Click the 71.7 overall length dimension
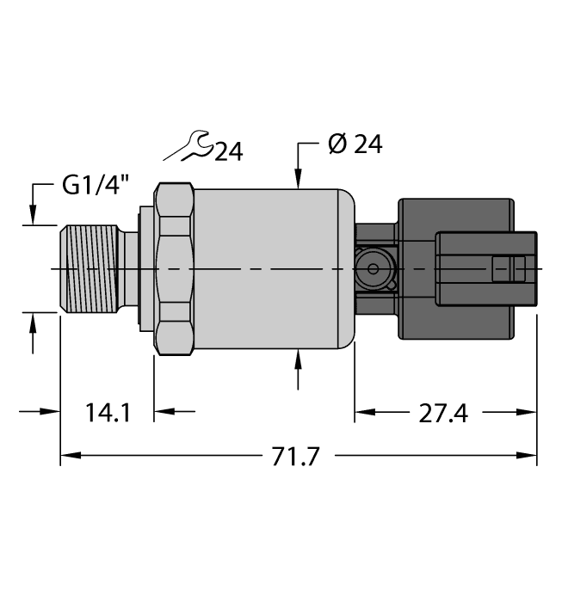pos(295,457)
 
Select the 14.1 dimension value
pos(108,414)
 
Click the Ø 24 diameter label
pos(355,144)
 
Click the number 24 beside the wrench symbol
pos(228,152)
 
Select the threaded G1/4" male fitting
pos(90,269)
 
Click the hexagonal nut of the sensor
pos(175,269)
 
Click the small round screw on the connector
pos(373,269)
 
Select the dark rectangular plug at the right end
pos(488,269)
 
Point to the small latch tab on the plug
pos(508,269)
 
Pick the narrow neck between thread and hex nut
pos(131,269)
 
